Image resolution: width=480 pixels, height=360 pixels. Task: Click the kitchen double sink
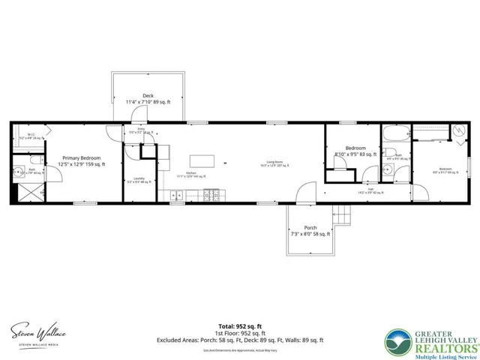177,196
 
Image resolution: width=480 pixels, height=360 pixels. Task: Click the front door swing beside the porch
306,193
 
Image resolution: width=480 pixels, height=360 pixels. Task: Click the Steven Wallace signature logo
37,332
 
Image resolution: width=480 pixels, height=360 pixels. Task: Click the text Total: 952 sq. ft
239,326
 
